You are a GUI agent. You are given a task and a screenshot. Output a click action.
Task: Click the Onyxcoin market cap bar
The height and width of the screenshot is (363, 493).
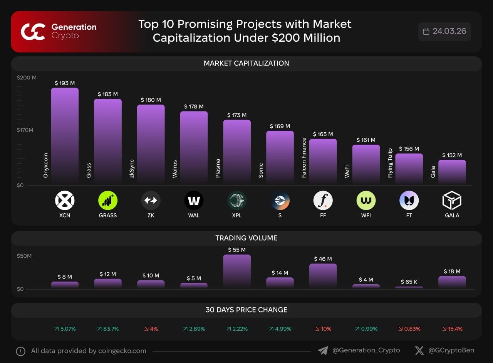click(x=65, y=135)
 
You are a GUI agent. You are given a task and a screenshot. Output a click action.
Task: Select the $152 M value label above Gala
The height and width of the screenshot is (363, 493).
click(x=452, y=155)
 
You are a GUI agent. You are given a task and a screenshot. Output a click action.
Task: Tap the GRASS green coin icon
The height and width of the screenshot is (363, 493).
click(x=108, y=201)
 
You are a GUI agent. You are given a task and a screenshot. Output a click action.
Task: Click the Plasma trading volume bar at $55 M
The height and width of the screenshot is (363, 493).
click(x=237, y=271)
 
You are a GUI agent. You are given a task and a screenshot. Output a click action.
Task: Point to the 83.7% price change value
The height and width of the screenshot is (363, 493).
click(x=108, y=329)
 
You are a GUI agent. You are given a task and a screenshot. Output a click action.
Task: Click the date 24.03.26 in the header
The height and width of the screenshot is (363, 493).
click(x=449, y=31)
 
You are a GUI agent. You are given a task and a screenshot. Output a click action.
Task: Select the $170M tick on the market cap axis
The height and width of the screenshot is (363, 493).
click(x=25, y=130)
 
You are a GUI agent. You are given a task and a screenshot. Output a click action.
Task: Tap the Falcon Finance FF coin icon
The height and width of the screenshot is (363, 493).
click(x=323, y=201)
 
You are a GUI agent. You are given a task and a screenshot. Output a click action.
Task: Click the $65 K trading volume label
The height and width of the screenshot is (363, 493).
click(x=409, y=282)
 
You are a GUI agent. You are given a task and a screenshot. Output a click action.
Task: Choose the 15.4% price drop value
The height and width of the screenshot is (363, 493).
click(x=452, y=329)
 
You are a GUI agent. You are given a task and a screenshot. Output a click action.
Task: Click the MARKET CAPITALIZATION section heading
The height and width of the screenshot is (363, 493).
click(x=246, y=63)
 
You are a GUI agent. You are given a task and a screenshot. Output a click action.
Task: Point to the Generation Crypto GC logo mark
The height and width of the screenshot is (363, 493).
click(x=33, y=32)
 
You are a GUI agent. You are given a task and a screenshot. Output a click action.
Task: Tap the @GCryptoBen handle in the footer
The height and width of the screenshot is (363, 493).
click(x=451, y=350)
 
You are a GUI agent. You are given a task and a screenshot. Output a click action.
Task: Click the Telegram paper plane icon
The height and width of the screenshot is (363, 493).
click(x=323, y=351)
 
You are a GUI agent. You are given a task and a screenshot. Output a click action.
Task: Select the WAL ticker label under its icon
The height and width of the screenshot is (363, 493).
click(x=194, y=215)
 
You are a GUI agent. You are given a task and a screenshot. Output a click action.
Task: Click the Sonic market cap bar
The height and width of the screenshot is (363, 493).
click(x=280, y=157)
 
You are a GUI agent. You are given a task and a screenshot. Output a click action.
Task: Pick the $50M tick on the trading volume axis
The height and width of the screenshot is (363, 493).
click(x=24, y=256)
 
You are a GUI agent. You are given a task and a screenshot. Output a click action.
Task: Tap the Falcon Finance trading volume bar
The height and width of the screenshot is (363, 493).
click(x=323, y=275)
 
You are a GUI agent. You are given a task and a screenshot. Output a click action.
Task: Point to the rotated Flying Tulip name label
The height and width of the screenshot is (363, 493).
click(x=390, y=163)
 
